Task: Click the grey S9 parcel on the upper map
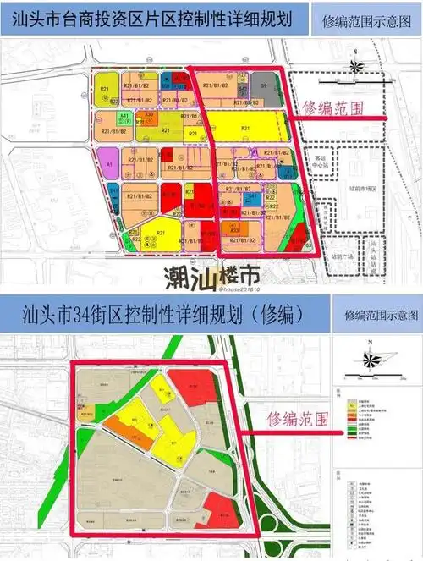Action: click(263, 86)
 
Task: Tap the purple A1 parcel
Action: click(110, 157)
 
